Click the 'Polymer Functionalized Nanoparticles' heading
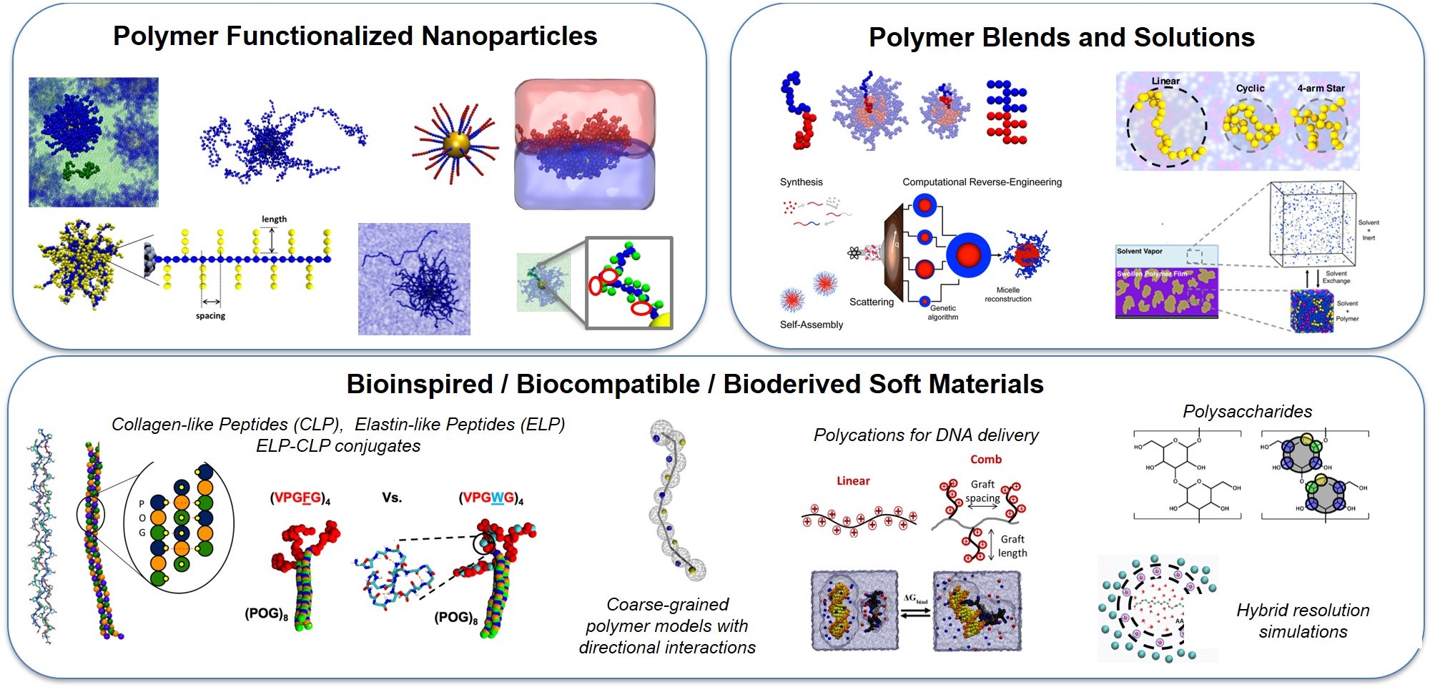[355, 36]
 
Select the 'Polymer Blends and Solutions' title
[1061, 38]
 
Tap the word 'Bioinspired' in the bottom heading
[420, 385]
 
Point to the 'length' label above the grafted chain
[274, 219]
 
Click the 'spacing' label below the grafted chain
[210, 316]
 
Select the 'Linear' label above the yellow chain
[1165, 81]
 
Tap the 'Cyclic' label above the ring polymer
[1250, 89]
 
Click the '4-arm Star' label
[1321, 89]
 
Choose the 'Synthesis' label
[801, 182]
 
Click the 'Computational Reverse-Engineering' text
[982, 182]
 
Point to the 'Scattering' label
[871, 302]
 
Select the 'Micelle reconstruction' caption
[1007, 295]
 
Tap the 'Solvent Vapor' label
[1140, 252]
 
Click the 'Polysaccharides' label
[1247, 412]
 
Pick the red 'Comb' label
[985, 460]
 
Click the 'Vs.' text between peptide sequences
[391, 498]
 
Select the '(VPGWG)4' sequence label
[490, 498]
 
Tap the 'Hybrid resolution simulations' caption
[1303, 621]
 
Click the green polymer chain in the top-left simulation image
[79, 170]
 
